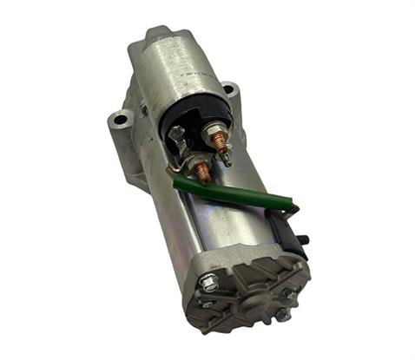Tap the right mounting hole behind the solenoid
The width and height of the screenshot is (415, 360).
[228, 89]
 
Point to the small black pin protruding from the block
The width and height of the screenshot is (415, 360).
[306, 237]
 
